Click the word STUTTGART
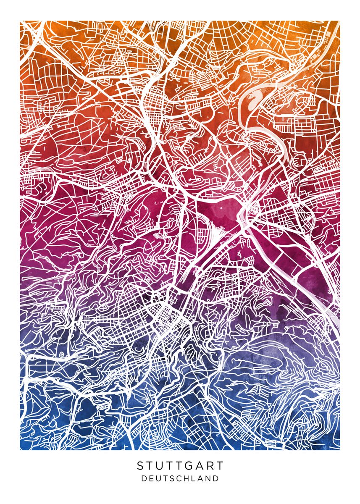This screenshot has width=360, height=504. point(180,466)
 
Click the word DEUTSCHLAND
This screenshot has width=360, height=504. point(180,478)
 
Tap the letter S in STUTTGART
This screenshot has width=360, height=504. point(140,466)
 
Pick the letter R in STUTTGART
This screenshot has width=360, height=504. point(210,466)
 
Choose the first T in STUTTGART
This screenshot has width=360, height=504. point(149,466)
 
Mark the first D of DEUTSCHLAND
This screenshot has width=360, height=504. point(144,478)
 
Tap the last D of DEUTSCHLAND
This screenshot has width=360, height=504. point(215,478)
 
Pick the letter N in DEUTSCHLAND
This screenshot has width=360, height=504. point(208,478)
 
